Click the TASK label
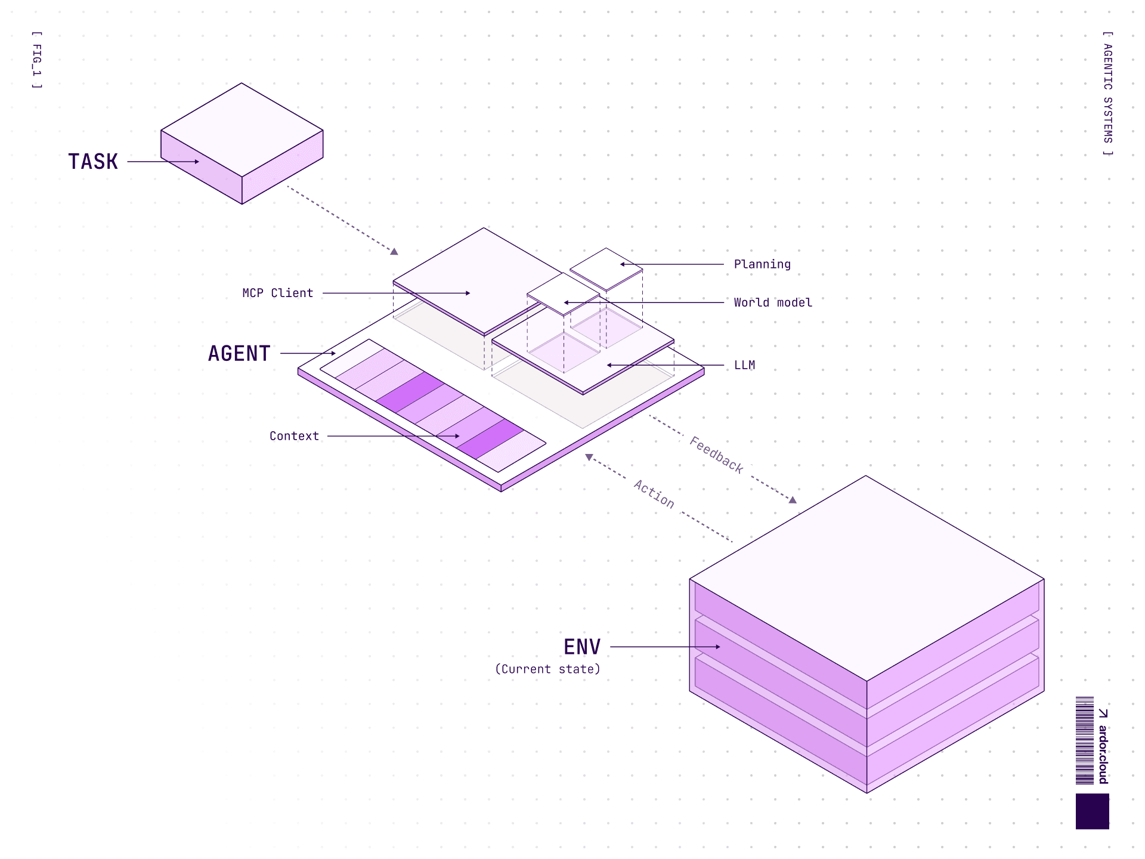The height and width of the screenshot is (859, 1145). tap(93, 162)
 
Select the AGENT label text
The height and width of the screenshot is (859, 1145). tap(239, 354)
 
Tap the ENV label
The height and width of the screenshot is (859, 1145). tap(582, 647)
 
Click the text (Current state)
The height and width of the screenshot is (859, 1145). tap(547, 669)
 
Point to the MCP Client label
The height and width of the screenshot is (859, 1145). tap(277, 293)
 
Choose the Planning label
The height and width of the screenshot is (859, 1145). tap(762, 264)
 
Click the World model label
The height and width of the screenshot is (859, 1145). tap(773, 302)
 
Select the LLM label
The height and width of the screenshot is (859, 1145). tap(744, 365)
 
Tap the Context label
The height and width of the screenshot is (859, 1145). tap(294, 436)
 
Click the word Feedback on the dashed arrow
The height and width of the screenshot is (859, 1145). tap(717, 455)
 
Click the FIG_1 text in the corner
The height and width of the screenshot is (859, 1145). tap(37, 60)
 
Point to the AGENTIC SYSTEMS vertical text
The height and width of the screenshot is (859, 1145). tap(1107, 94)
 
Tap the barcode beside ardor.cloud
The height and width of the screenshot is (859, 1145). tap(1085, 740)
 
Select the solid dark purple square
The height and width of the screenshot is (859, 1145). tap(1092, 811)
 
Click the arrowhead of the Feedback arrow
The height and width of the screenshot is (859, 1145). tap(793, 500)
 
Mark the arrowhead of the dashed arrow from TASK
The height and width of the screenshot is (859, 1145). tap(394, 252)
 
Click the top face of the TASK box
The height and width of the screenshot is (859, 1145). tap(242, 129)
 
